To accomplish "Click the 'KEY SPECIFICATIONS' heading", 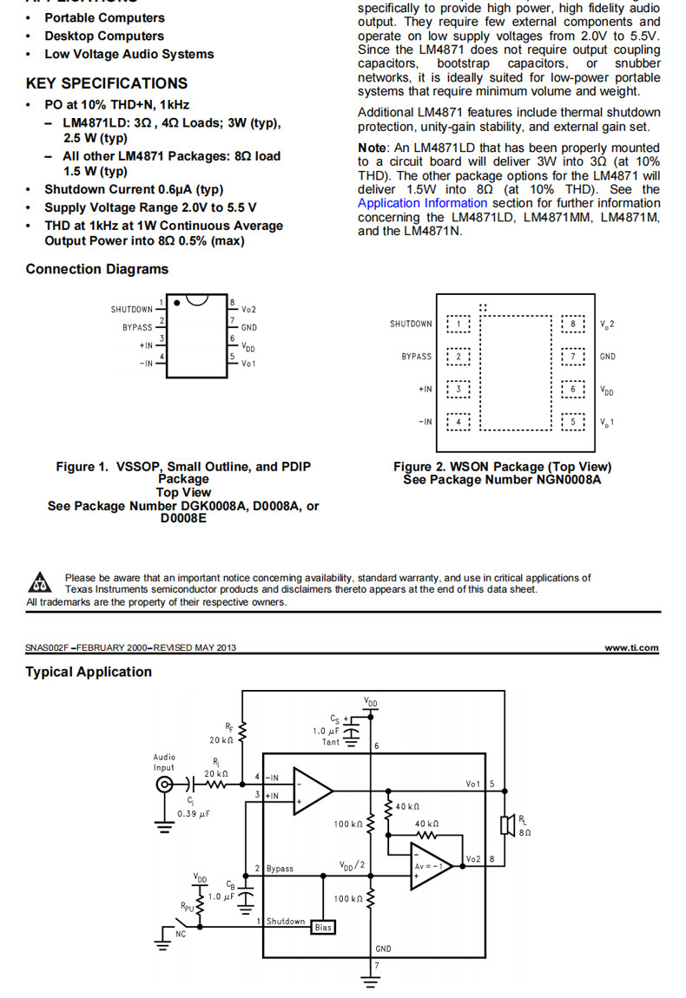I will coord(106,83).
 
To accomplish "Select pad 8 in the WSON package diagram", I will coord(573,325).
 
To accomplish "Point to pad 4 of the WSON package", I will coord(458,422).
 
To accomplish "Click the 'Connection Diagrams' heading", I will coord(97,269).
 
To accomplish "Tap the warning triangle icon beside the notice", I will coord(38,582).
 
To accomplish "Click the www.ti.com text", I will coord(631,647).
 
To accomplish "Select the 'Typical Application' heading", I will coord(89,672).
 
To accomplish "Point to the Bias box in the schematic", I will coord(322,927).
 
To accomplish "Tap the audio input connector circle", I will coord(163,785).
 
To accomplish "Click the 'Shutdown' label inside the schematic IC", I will coord(286,921).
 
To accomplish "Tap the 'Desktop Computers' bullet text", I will coord(104,36).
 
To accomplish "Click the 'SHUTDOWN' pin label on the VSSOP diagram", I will coord(131,310).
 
